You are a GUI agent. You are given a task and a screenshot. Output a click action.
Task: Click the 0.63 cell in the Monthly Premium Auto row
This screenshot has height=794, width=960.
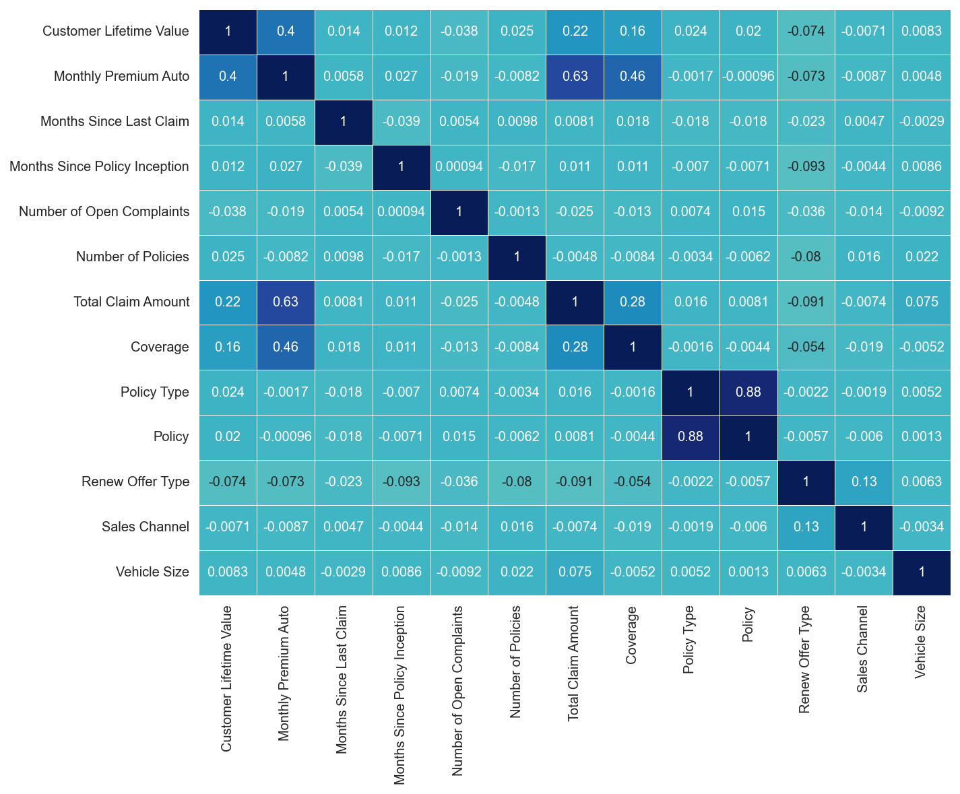(x=575, y=77)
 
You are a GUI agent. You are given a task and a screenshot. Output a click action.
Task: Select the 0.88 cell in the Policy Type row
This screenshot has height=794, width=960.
(x=748, y=392)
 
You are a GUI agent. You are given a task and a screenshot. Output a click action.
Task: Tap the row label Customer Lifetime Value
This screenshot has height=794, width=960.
(x=115, y=31)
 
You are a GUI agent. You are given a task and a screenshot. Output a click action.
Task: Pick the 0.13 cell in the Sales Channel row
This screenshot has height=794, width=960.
(x=806, y=527)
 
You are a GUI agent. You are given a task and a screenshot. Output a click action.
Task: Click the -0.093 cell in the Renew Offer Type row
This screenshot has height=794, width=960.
(x=401, y=482)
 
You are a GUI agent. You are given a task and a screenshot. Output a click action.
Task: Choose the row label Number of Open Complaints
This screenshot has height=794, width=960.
(x=104, y=211)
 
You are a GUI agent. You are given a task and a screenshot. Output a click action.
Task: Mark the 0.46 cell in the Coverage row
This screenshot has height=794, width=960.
(x=286, y=347)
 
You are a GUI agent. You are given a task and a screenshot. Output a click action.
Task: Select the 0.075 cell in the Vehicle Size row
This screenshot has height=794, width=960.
(x=575, y=572)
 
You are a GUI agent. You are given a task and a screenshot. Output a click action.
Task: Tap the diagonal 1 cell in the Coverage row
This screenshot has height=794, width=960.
(x=633, y=347)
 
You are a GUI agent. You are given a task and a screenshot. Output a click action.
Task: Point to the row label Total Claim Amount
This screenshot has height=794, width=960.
(x=131, y=302)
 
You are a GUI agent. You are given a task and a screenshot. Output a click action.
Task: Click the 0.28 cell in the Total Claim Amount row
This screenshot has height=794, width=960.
(x=633, y=302)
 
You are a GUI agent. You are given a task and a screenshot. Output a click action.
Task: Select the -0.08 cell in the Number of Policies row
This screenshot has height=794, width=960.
(x=806, y=257)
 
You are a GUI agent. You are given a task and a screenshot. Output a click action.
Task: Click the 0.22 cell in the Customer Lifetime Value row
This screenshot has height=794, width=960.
(x=575, y=31)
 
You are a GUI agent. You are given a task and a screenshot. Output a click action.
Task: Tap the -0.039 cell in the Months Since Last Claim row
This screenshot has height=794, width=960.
(x=401, y=121)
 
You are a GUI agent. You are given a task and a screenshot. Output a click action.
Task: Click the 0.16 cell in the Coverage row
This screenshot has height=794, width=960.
(x=228, y=347)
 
